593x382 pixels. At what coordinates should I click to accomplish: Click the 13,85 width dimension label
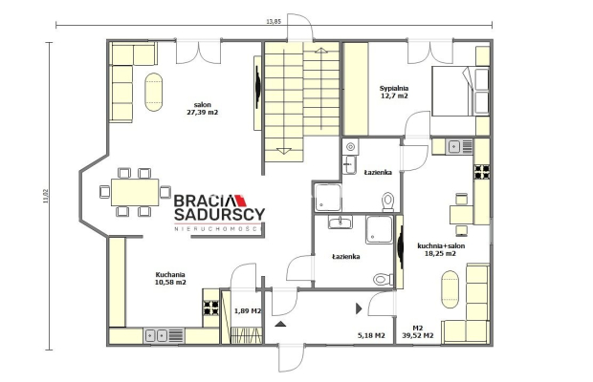[x=274, y=21]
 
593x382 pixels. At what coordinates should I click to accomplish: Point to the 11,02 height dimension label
[x=46, y=196]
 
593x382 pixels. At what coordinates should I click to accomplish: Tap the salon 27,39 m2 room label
[x=203, y=108]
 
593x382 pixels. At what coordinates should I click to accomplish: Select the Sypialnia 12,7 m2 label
[x=394, y=92]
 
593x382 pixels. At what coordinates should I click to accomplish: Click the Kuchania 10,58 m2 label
[x=170, y=278]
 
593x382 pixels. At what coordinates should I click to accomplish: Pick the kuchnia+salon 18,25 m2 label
[x=441, y=249]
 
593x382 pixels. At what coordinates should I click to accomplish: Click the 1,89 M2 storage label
[x=248, y=310]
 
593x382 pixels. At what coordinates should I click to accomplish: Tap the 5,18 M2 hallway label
[x=371, y=335]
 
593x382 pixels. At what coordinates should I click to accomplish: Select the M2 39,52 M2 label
[x=418, y=331]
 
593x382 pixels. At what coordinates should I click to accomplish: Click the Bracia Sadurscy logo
[x=219, y=212]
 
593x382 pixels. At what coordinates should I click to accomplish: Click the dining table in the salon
[x=135, y=192]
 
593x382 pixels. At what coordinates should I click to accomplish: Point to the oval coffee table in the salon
[x=154, y=92]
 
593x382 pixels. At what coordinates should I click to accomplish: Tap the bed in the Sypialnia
[x=461, y=91]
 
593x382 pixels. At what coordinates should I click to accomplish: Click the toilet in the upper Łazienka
[x=388, y=202]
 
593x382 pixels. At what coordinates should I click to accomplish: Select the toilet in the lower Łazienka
[x=384, y=279]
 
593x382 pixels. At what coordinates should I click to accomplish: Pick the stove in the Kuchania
[x=211, y=308]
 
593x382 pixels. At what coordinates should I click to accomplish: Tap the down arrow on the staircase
[x=284, y=151]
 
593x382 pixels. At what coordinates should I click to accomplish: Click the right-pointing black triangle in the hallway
[x=359, y=308]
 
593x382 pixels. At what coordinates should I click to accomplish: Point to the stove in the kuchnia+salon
[x=482, y=171]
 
